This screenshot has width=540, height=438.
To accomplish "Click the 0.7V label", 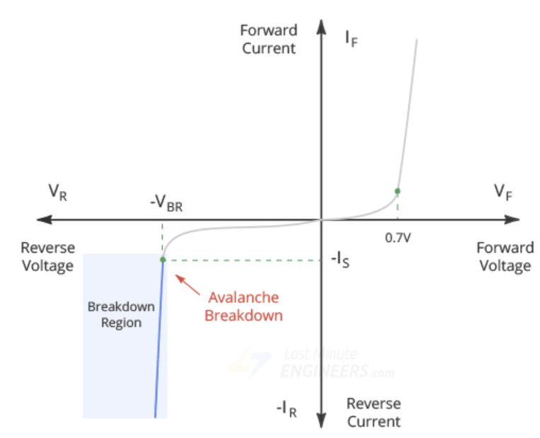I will pyautogui.click(x=398, y=238).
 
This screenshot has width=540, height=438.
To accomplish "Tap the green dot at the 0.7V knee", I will pyautogui.click(x=398, y=191).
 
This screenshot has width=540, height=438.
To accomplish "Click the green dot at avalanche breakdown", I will pyautogui.click(x=163, y=260).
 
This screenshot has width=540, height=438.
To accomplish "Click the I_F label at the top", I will pyautogui.click(x=351, y=38).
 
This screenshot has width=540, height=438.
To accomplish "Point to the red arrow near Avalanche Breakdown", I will pyautogui.click(x=187, y=284).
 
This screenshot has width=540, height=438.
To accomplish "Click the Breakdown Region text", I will pyautogui.click(x=115, y=315).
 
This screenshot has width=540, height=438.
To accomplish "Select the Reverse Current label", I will pyautogui.click(x=373, y=412).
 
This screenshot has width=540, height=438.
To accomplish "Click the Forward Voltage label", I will pyautogui.click(x=503, y=256).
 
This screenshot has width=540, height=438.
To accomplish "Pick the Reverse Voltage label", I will pyautogui.click(x=47, y=256).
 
